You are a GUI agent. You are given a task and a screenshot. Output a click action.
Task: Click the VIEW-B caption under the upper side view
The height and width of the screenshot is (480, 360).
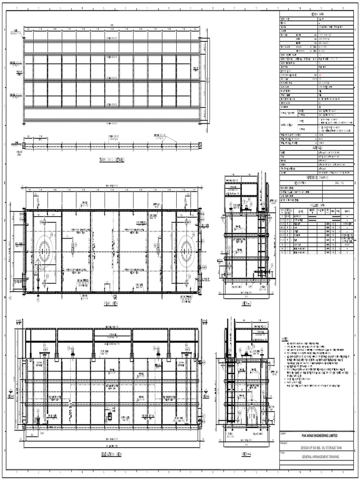click(247, 304)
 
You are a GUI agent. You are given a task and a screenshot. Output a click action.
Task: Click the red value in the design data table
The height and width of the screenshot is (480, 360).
click(320, 75)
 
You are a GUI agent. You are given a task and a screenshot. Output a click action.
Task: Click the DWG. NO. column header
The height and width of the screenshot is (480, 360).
click(339, 183)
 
